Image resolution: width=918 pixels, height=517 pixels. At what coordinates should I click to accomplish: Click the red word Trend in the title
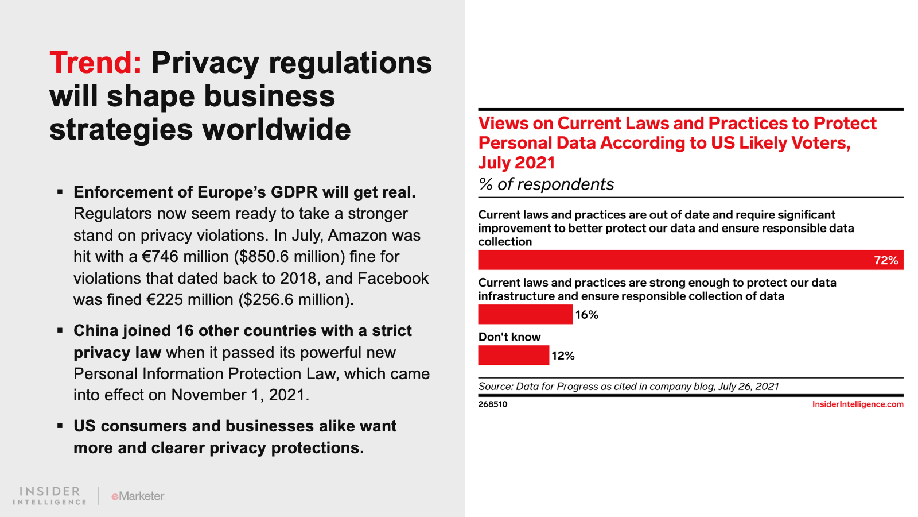point(95,63)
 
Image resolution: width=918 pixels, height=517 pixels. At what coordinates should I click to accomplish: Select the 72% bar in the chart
point(671,260)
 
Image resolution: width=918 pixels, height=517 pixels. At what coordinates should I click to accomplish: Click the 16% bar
point(525,315)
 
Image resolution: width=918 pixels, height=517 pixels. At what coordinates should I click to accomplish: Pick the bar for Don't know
point(513,356)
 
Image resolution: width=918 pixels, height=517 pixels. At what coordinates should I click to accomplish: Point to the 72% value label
point(885,261)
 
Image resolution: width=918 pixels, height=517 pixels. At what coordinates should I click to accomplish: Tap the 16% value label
point(586,315)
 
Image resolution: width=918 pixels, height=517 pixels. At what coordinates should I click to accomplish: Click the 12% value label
point(563,356)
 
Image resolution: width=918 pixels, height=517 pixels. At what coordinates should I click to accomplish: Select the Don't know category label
point(509,337)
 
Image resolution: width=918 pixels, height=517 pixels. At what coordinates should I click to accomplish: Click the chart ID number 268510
point(493,404)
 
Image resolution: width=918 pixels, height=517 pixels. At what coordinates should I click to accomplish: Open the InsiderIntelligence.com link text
point(857,404)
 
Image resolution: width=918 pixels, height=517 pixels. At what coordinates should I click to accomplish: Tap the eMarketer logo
point(138,496)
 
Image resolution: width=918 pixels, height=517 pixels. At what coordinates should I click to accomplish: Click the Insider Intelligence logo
point(50,496)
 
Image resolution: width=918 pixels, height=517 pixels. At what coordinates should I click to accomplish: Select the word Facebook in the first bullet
point(393,279)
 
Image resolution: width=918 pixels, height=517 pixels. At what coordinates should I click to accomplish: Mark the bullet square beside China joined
point(60,330)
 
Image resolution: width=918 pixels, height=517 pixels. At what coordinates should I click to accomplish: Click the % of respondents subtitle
point(546,184)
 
